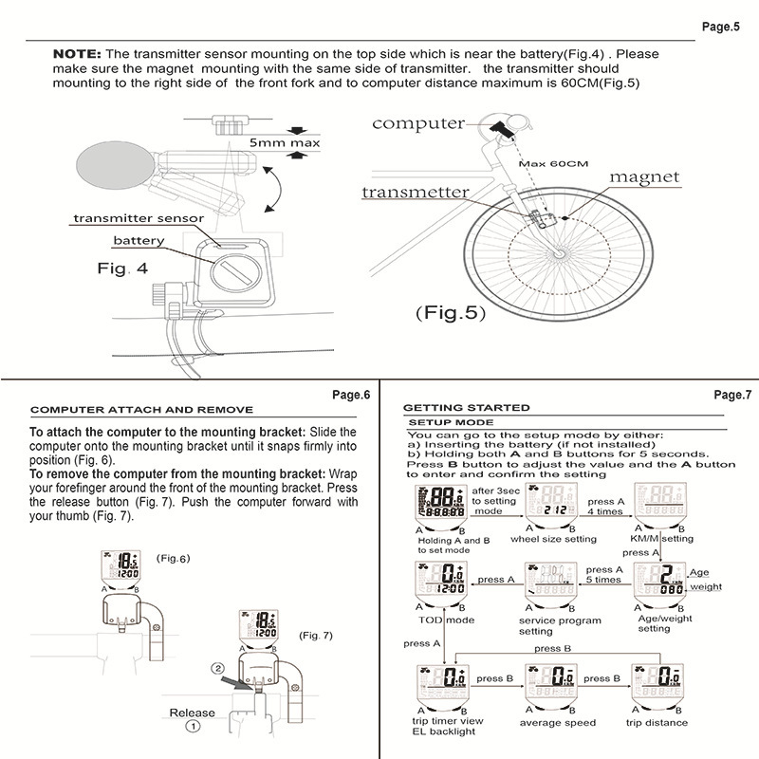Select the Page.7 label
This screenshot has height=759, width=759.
731,394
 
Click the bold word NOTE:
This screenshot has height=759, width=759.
79,54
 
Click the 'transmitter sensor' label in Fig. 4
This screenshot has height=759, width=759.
139,218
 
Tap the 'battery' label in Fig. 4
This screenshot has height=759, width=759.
139,240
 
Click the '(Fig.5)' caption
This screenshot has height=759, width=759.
450,311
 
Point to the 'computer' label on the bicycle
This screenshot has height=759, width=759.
417,123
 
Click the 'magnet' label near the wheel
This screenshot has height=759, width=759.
644,176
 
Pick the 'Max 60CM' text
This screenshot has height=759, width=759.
554,163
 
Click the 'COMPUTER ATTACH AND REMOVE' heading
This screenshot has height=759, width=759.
141,410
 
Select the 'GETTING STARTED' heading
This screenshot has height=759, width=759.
467,407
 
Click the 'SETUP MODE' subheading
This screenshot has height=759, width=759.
450,421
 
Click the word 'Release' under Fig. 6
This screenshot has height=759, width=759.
192,713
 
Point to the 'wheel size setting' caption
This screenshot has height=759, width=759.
553,539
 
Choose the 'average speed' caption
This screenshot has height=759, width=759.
557,723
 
